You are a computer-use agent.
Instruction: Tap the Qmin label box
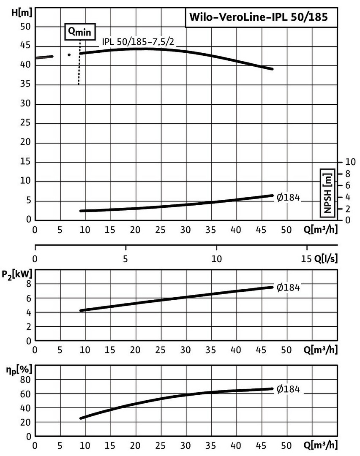[x=80, y=32]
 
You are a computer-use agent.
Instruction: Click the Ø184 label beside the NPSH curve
[x=288, y=198]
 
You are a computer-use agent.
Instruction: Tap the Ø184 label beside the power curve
[x=288, y=288]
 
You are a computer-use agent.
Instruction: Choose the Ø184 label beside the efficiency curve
[x=288, y=390]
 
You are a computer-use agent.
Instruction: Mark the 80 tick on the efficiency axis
[x=26, y=380]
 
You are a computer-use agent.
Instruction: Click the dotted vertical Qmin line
[x=79, y=63]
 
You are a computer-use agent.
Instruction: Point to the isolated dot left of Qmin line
[x=69, y=55]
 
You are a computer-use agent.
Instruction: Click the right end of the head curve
[x=273, y=69]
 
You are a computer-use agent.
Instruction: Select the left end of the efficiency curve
[x=81, y=418]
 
